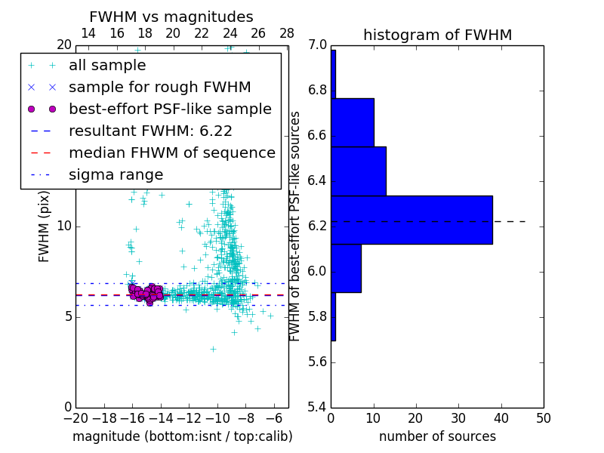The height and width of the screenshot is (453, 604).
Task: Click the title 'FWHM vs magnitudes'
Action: pos(171,17)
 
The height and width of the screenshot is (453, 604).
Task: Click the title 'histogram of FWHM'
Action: pos(437,35)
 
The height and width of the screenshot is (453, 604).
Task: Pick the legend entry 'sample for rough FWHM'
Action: pos(159,88)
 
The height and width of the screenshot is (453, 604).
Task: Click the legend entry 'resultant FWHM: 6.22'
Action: pos(150,131)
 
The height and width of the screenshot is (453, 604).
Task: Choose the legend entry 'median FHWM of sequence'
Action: pos(171,153)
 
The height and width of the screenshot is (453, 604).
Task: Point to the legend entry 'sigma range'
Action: pos(116,175)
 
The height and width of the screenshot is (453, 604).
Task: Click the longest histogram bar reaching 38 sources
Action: pos(411,220)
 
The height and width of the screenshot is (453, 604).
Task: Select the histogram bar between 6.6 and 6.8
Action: pos(353,122)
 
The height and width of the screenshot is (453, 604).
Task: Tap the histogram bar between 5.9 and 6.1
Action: pos(346,268)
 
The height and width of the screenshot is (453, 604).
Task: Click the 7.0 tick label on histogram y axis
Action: pos(318,45)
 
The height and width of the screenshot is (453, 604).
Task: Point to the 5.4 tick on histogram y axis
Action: pos(318,407)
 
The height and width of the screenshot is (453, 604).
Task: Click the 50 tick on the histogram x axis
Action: pos(543,418)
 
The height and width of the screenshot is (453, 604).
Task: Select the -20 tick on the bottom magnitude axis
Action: pos(75,418)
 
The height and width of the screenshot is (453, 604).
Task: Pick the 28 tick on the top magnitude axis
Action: pos(287,33)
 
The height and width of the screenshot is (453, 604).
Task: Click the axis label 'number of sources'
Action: pos(437,436)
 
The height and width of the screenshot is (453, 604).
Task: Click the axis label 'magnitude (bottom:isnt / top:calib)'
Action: pos(182,436)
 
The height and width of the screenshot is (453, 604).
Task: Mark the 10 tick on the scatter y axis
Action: pos(65,226)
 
